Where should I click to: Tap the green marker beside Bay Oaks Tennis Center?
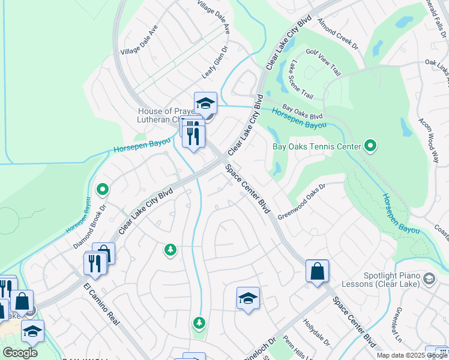point(370,146)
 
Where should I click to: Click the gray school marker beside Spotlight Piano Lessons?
point(429,278)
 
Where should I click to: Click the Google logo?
point(20,353)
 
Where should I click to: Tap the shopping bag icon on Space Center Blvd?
point(317,271)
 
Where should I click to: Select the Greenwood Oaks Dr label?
point(301,201)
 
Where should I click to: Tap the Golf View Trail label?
point(324,62)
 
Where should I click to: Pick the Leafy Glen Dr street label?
point(216,62)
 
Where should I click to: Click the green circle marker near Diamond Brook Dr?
point(103,190)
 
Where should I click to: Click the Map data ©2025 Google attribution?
point(412,355)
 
